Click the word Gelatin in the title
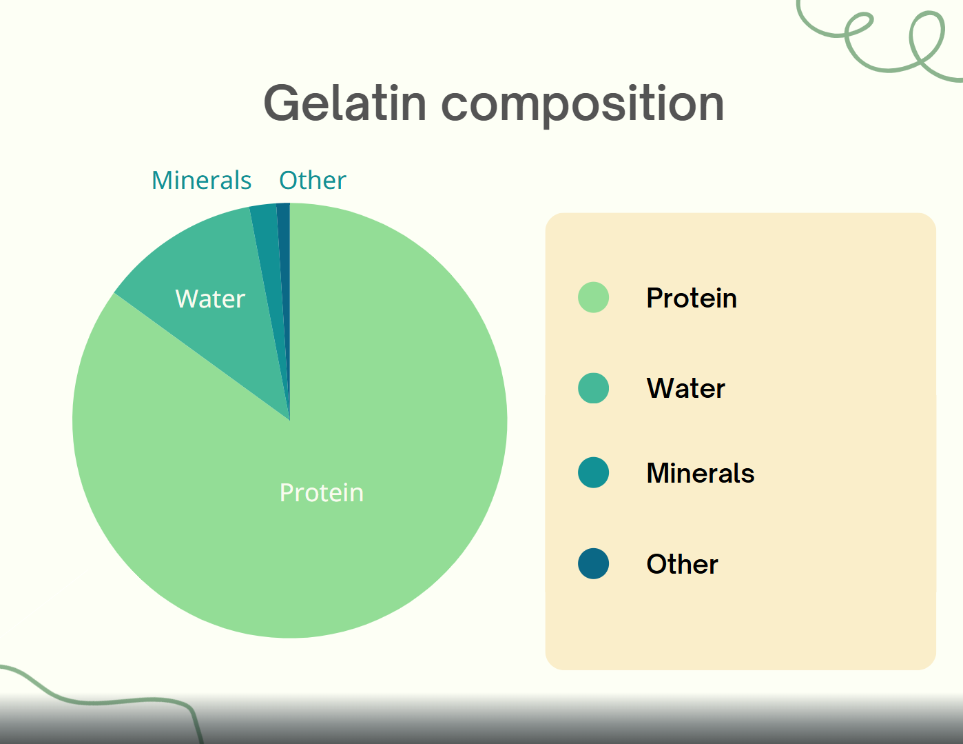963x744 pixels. tap(345, 103)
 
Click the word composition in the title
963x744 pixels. tap(583, 105)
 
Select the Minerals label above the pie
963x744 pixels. tap(202, 180)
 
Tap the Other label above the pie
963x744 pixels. tap(313, 180)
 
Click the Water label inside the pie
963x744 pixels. tap(210, 299)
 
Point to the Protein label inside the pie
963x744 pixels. tap(321, 492)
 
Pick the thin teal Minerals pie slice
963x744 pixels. tap(269, 266)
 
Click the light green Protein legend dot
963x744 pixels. tap(593, 297)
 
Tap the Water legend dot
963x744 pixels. tap(593, 388)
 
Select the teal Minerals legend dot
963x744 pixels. tap(593, 472)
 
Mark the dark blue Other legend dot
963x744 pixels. tap(593, 563)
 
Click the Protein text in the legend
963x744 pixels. tap(692, 297)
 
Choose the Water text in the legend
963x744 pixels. tap(686, 388)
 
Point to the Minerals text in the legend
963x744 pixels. tap(700, 473)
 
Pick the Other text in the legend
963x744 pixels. tap(683, 564)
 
